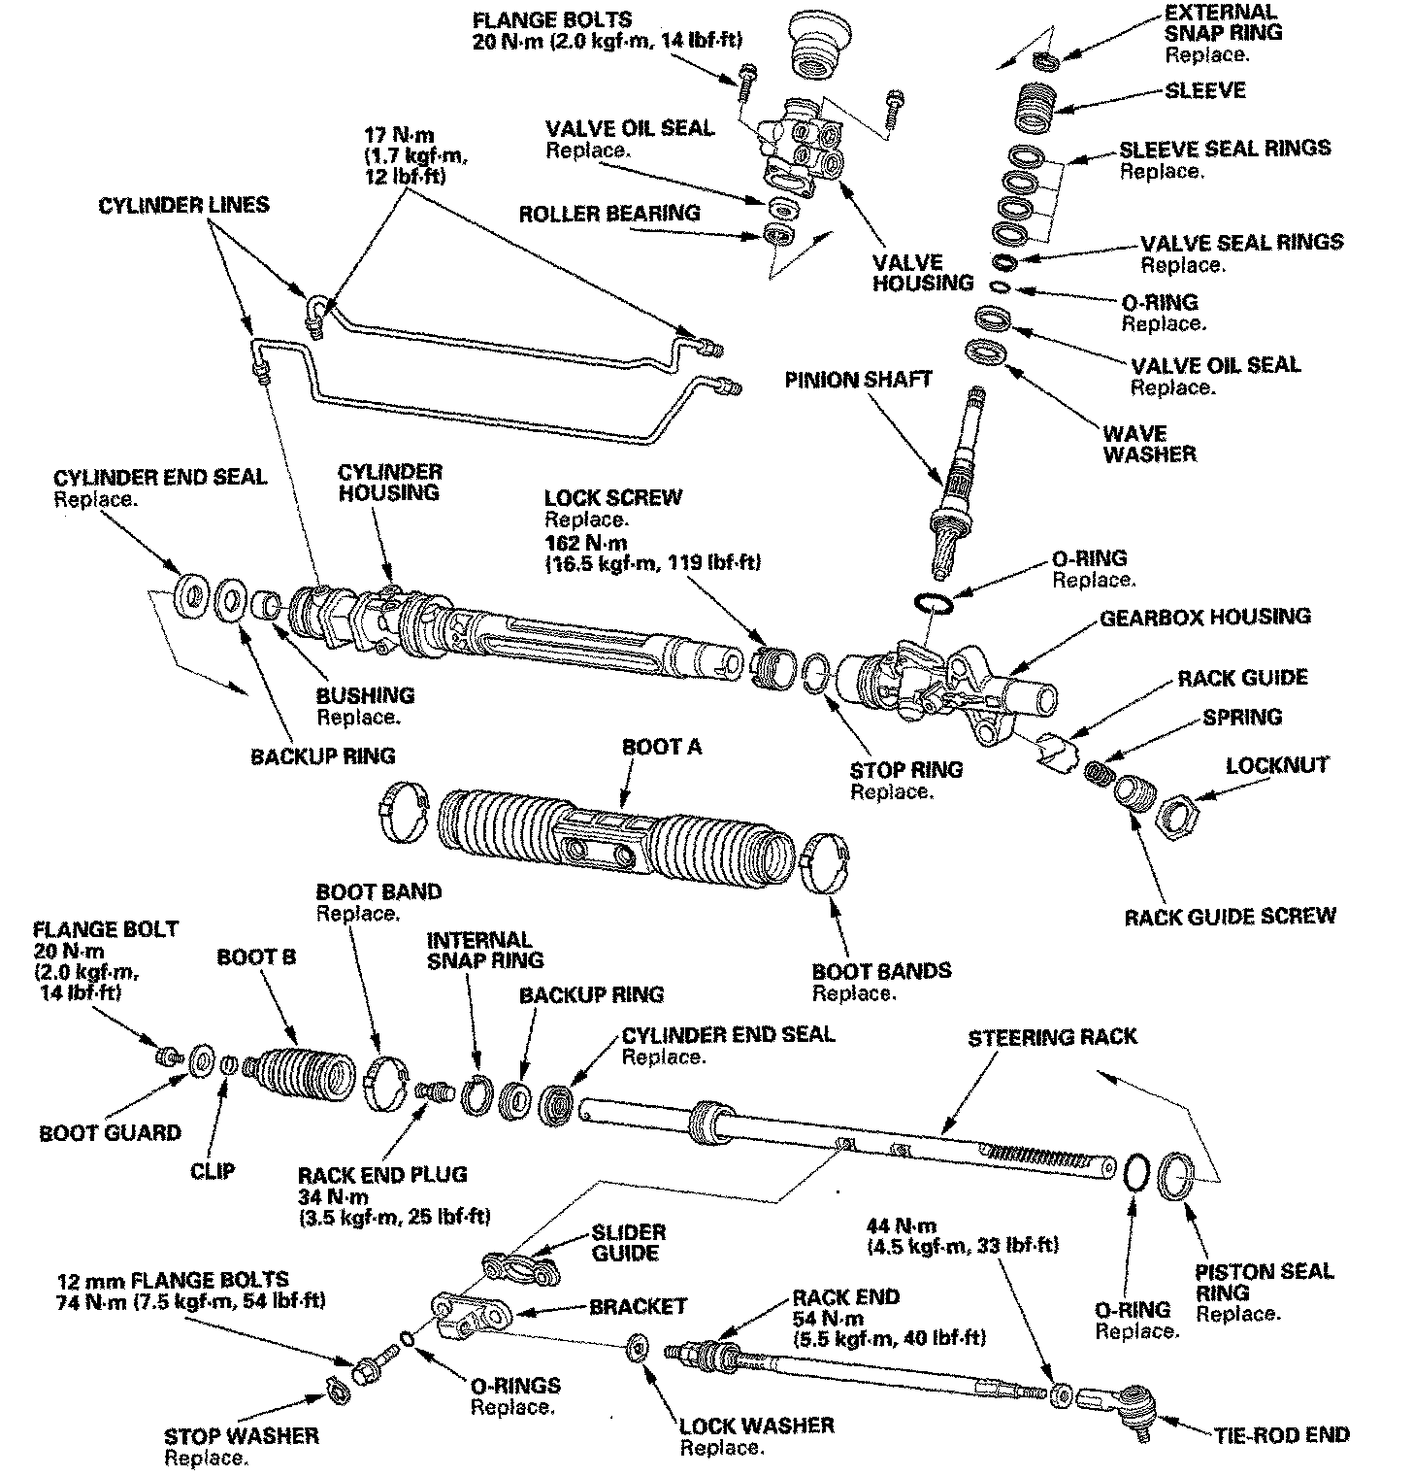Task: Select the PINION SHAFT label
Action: point(859,379)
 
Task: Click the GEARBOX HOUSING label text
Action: point(1204,617)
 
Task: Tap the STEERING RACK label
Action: point(1052,1037)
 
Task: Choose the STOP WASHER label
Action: point(241,1435)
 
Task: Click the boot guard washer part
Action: point(203,1060)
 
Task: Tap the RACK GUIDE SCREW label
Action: point(1230,916)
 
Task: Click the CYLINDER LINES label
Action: point(184,206)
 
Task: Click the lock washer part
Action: point(640,1348)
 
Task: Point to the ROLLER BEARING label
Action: point(608,213)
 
